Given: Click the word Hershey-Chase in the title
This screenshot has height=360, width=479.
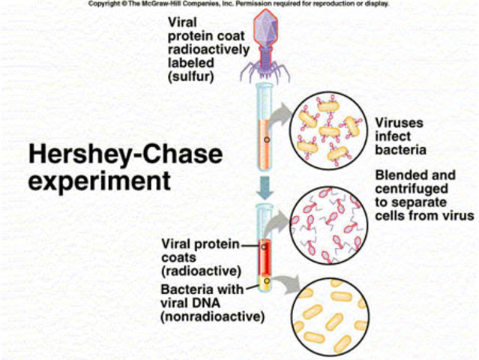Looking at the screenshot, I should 124,154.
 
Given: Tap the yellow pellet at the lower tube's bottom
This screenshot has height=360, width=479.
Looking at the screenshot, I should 265,283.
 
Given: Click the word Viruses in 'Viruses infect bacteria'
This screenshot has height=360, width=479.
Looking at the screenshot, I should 398,122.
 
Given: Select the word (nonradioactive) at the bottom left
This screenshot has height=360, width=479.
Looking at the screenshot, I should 212,317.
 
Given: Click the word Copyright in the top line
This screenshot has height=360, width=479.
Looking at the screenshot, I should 104,4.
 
